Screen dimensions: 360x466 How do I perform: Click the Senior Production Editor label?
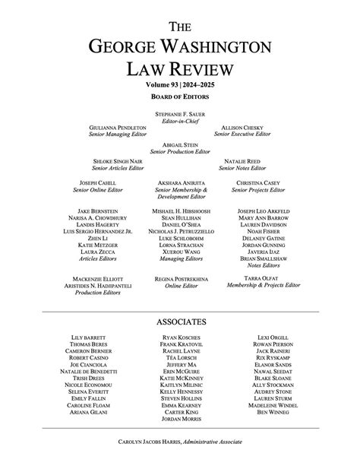tap(180, 151)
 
